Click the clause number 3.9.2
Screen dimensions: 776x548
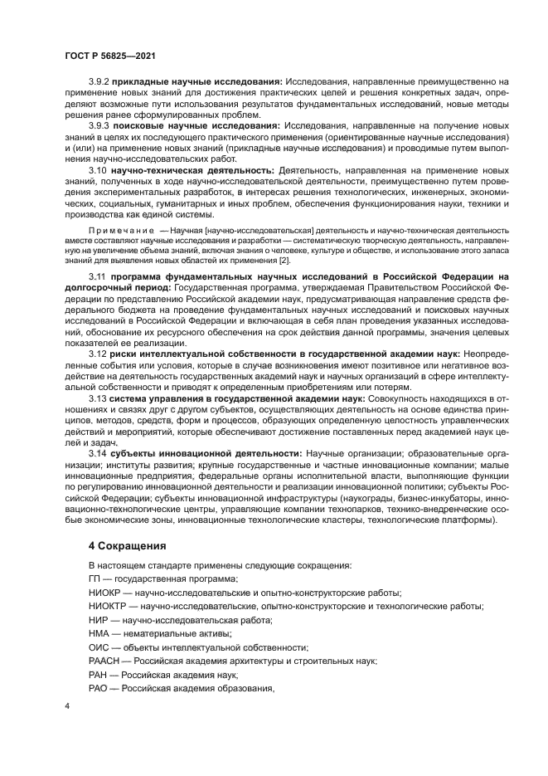tap(99, 81)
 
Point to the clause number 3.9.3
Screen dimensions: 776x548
tap(99, 125)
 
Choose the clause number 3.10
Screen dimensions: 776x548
tap(96, 170)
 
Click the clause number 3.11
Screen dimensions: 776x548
tap(96, 275)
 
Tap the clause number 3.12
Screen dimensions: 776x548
tap(96, 354)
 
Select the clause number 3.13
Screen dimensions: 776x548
tap(96, 398)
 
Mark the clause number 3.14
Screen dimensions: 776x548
tap(96, 454)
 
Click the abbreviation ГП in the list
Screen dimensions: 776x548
tap(95, 578)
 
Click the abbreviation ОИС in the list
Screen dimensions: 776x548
tap(98, 647)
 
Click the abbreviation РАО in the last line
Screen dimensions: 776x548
tap(98, 688)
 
